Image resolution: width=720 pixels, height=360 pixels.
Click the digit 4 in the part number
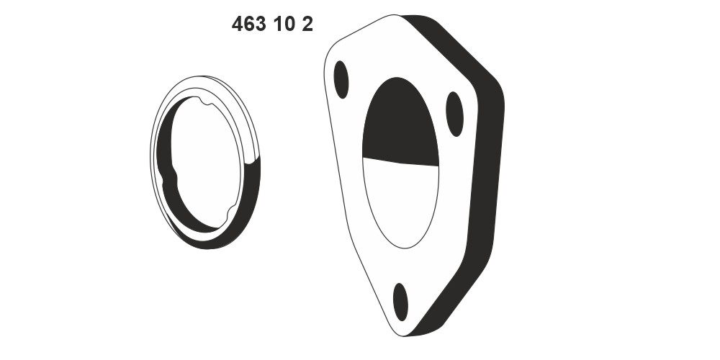[237, 24]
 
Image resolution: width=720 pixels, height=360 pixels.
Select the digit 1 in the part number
[277, 24]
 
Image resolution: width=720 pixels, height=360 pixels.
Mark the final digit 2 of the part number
[307, 24]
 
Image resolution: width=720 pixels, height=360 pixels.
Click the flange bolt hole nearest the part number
[341, 79]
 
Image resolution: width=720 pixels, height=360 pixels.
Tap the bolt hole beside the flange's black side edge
[454, 114]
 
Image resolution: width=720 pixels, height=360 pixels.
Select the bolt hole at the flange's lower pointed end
[400, 302]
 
